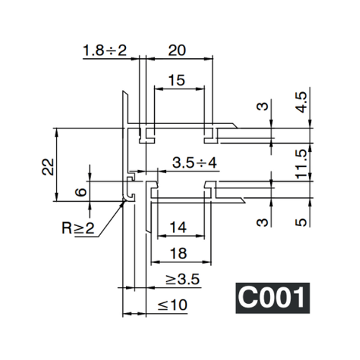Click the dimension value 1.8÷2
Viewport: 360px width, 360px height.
pos(104,50)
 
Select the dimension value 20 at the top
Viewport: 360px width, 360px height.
pos(176,50)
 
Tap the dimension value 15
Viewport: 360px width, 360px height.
pos(176,80)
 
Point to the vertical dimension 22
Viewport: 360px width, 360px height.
pos(49,166)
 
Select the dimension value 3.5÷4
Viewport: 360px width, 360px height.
pos(194,162)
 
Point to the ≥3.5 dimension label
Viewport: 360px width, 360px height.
pos(182,279)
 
